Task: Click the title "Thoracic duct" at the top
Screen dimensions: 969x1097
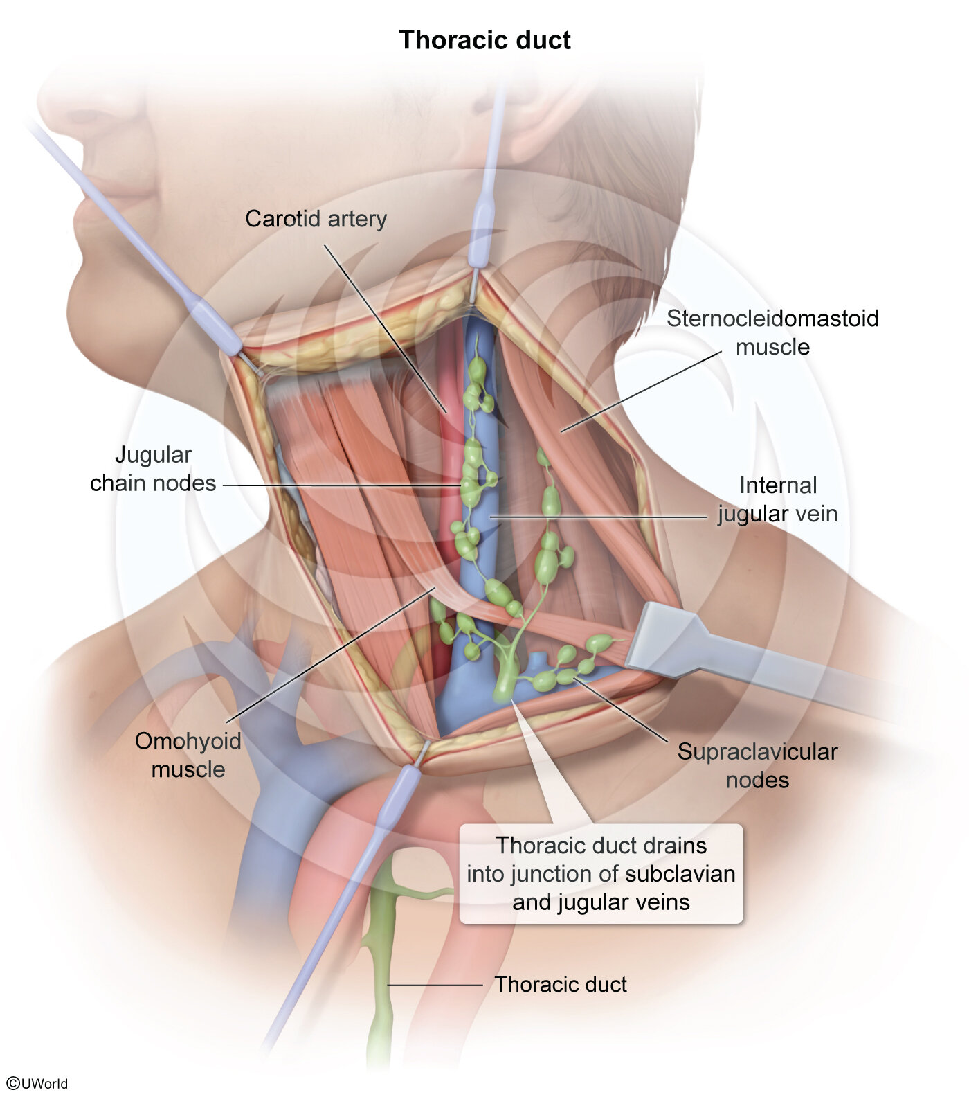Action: coord(484,40)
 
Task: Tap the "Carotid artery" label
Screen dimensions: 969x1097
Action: coord(316,219)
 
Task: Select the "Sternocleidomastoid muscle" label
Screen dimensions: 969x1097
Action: coord(772,332)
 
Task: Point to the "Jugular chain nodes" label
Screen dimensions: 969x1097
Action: coord(153,469)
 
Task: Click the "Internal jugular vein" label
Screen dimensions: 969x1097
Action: coord(778,499)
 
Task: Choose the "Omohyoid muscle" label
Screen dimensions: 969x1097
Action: coord(188,755)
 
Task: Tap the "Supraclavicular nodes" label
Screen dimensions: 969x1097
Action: coord(757,765)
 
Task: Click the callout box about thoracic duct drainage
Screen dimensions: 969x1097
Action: coord(601,873)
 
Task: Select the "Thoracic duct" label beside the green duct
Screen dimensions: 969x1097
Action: coord(561,984)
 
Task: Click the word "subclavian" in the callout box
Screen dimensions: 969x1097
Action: coord(680,874)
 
